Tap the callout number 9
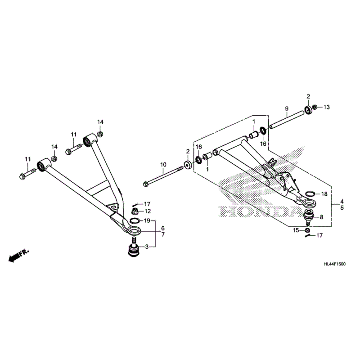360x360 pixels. (x=286, y=108)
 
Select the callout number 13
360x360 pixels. (x=327, y=107)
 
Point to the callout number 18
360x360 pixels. (x=325, y=194)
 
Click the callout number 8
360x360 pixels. (x=321, y=217)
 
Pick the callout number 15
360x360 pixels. (x=296, y=230)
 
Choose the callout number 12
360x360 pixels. (x=148, y=211)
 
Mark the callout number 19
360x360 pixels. (x=147, y=220)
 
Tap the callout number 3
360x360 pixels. (x=147, y=247)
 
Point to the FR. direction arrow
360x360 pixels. (x=18, y=257)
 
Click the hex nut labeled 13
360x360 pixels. (x=315, y=107)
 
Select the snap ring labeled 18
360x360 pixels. (x=308, y=194)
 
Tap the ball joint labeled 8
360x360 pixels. (x=309, y=216)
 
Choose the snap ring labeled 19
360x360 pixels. (x=134, y=220)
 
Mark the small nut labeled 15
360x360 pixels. (x=306, y=230)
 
